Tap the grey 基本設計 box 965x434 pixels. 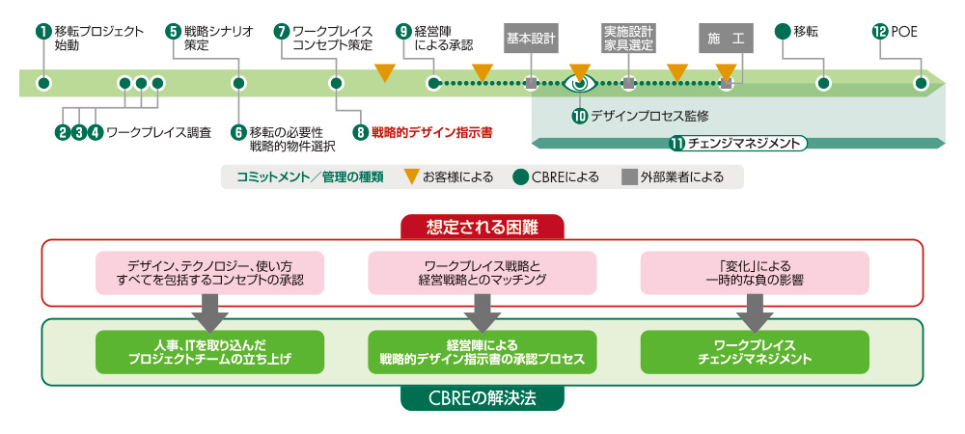click(x=530, y=40)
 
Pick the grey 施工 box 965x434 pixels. click(x=725, y=40)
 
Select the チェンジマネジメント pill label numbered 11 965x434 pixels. click(x=738, y=144)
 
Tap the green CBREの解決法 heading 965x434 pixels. click(x=482, y=398)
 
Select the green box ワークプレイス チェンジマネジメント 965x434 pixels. click(x=755, y=352)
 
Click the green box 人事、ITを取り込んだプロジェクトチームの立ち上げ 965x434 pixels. click(x=210, y=352)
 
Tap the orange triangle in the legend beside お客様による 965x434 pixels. click(x=411, y=176)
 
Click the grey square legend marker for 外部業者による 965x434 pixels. click(x=628, y=176)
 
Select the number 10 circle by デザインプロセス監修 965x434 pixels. click(x=579, y=116)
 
